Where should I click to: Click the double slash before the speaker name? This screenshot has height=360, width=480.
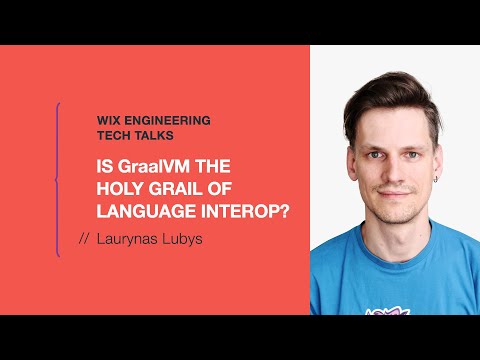click(x=84, y=239)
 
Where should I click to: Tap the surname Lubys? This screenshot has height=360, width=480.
click(x=184, y=239)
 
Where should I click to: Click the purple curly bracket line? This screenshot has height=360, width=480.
click(x=58, y=180)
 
